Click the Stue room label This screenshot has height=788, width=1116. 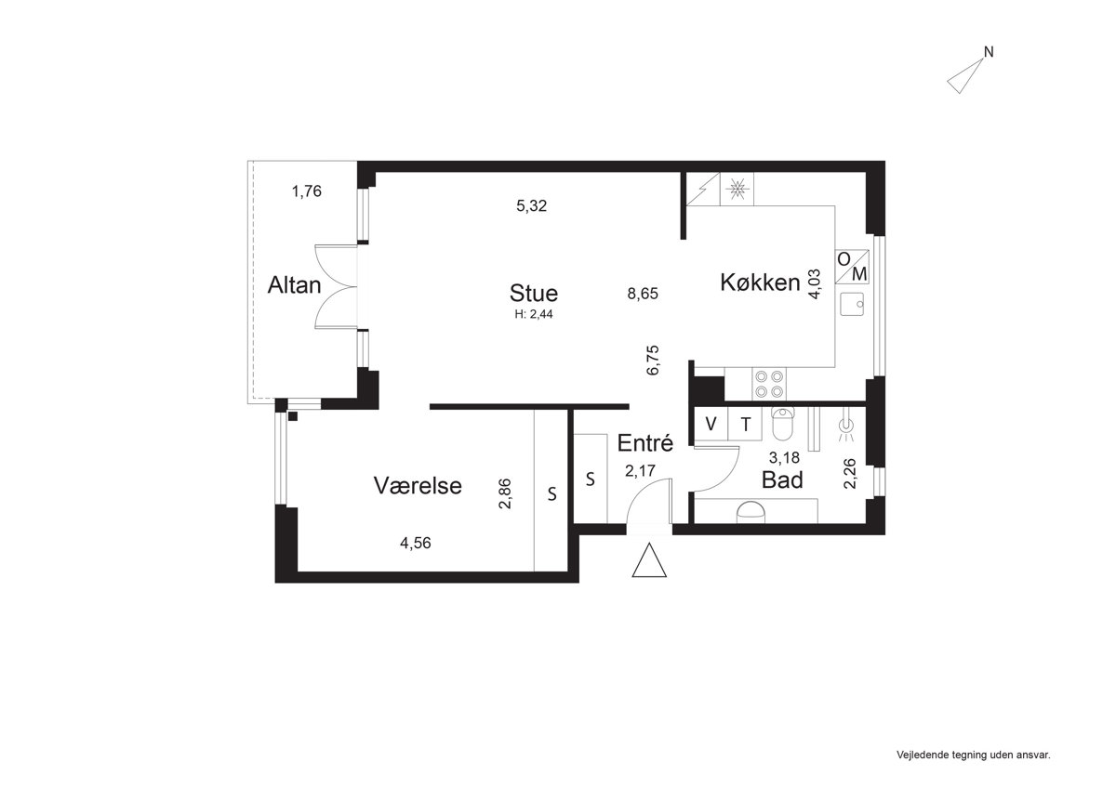pyautogui.click(x=534, y=294)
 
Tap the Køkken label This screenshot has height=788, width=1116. pyautogui.click(x=761, y=282)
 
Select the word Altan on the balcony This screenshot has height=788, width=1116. pyautogui.click(x=294, y=285)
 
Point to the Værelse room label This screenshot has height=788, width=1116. pyautogui.click(x=418, y=486)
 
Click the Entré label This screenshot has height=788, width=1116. pyautogui.click(x=645, y=443)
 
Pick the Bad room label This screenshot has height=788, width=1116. pyautogui.click(x=782, y=480)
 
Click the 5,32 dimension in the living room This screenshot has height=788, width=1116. pyautogui.click(x=532, y=205)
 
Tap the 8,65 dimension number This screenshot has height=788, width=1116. pyautogui.click(x=643, y=294)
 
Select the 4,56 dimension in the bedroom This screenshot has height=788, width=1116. pyautogui.click(x=416, y=543)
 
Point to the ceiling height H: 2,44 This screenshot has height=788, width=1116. pyautogui.click(x=534, y=315)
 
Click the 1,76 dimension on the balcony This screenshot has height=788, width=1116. pyautogui.click(x=306, y=191)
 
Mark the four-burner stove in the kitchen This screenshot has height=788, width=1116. pyautogui.click(x=769, y=384)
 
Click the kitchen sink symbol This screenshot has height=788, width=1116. pyautogui.click(x=853, y=304)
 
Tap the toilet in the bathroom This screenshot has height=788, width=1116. pyautogui.click(x=782, y=424)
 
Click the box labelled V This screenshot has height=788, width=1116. pyautogui.click(x=711, y=424)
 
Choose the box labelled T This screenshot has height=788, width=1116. pyautogui.click(x=745, y=424)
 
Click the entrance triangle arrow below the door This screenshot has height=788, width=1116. pyautogui.click(x=649, y=560)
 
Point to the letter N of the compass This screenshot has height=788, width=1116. pyautogui.click(x=989, y=52)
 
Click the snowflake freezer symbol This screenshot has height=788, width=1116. pyautogui.click(x=737, y=189)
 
